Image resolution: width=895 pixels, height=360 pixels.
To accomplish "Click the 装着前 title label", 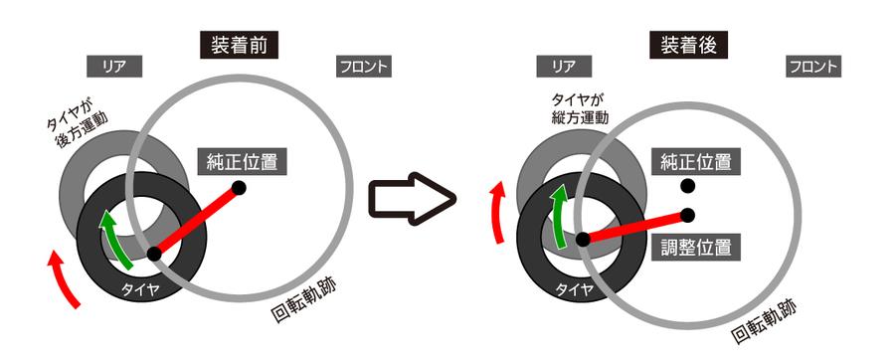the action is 239,46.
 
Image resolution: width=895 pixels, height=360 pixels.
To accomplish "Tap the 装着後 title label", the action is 689,46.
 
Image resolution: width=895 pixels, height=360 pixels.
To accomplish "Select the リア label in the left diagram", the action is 114,67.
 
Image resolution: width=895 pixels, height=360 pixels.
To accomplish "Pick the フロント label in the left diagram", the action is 364,67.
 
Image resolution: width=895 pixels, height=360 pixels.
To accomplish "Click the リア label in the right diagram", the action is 564,67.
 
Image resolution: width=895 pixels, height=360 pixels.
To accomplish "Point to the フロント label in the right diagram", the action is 813,67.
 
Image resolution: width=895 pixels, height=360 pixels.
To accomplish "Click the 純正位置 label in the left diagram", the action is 243,162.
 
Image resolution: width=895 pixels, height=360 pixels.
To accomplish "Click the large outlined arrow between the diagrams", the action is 412,198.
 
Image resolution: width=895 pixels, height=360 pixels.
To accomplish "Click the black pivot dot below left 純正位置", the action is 239,187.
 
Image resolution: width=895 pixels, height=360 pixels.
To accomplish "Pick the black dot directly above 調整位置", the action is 687,215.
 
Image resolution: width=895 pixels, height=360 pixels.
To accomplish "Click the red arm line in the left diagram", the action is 196,220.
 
